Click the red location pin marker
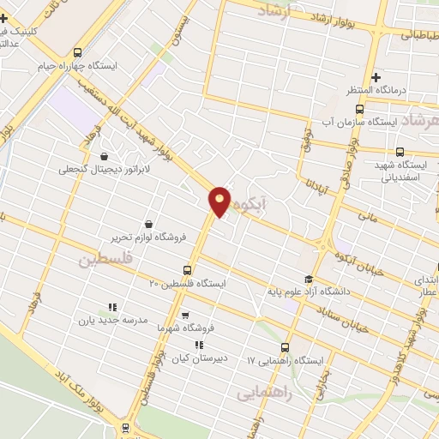(219, 201)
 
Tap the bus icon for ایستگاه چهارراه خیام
(78, 52)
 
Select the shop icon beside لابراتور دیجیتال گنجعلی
(104, 157)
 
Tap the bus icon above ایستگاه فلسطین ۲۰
(188, 270)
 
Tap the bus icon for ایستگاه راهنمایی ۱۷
(285, 347)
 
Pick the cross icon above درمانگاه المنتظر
(376, 78)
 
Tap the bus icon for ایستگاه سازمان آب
(358, 109)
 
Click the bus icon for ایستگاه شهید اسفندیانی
(400, 152)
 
